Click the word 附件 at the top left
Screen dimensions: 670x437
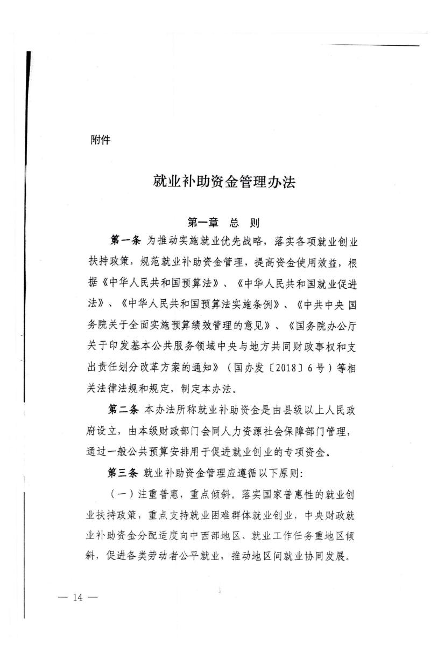click(101, 141)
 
